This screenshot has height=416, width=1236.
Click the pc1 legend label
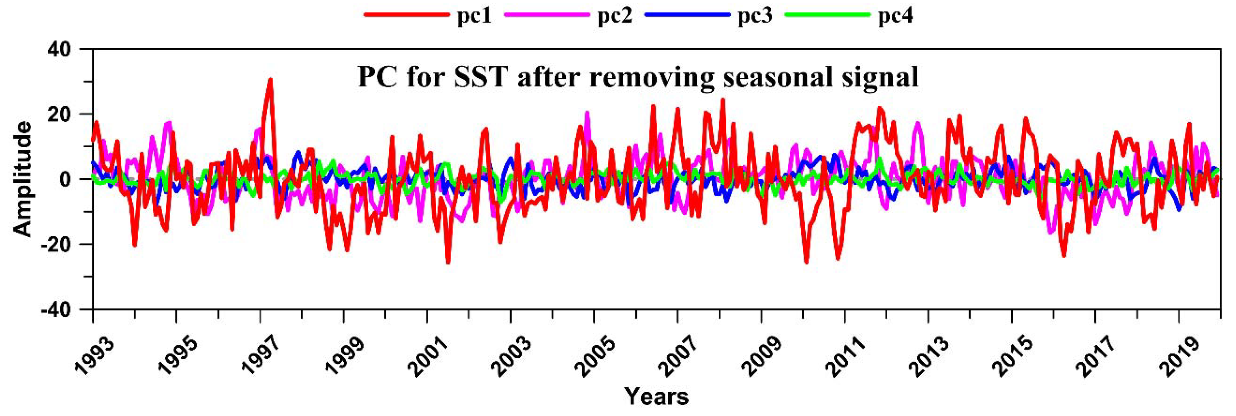click(474, 16)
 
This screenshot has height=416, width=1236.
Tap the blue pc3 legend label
click(755, 16)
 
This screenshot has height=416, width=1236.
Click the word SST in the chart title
click(481, 77)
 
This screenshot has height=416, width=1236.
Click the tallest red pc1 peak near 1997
click(270, 80)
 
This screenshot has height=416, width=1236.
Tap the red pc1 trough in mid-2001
click(448, 262)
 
